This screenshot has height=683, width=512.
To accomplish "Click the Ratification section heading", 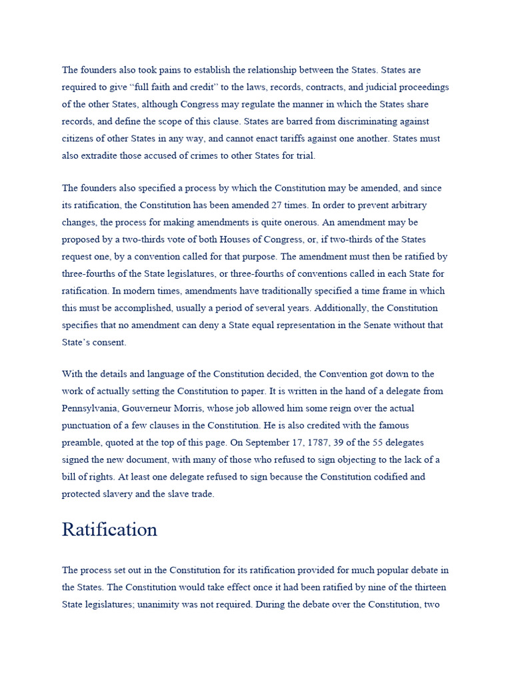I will pyautogui.click(x=110, y=530).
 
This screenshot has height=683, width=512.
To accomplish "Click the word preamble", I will pyautogui.click(x=81, y=443).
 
